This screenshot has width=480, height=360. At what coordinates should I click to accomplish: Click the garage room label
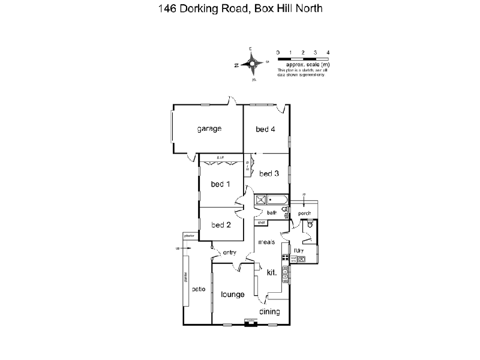(209, 128)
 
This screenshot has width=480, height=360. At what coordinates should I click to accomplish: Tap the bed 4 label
(265, 129)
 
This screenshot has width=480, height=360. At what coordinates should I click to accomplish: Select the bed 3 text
(269, 174)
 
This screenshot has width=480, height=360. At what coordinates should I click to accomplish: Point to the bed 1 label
(220, 184)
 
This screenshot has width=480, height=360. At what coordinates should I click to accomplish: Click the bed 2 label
(221, 225)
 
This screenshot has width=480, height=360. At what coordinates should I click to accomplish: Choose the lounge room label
(232, 294)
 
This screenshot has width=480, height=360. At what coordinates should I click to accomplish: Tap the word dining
(270, 311)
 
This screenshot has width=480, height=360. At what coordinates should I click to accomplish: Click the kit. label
(271, 272)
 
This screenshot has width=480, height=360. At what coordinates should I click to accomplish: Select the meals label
(266, 242)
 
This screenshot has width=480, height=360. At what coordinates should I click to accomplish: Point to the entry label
(230, 253)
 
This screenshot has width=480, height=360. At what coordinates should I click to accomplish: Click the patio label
(199, 289)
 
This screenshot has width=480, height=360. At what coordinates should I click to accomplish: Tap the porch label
(304, 213)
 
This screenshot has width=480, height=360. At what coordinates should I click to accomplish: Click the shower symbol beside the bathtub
(261, 200)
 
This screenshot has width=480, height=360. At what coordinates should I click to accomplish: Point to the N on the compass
(237, 64)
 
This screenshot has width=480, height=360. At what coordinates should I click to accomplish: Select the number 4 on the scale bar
(328, 53)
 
